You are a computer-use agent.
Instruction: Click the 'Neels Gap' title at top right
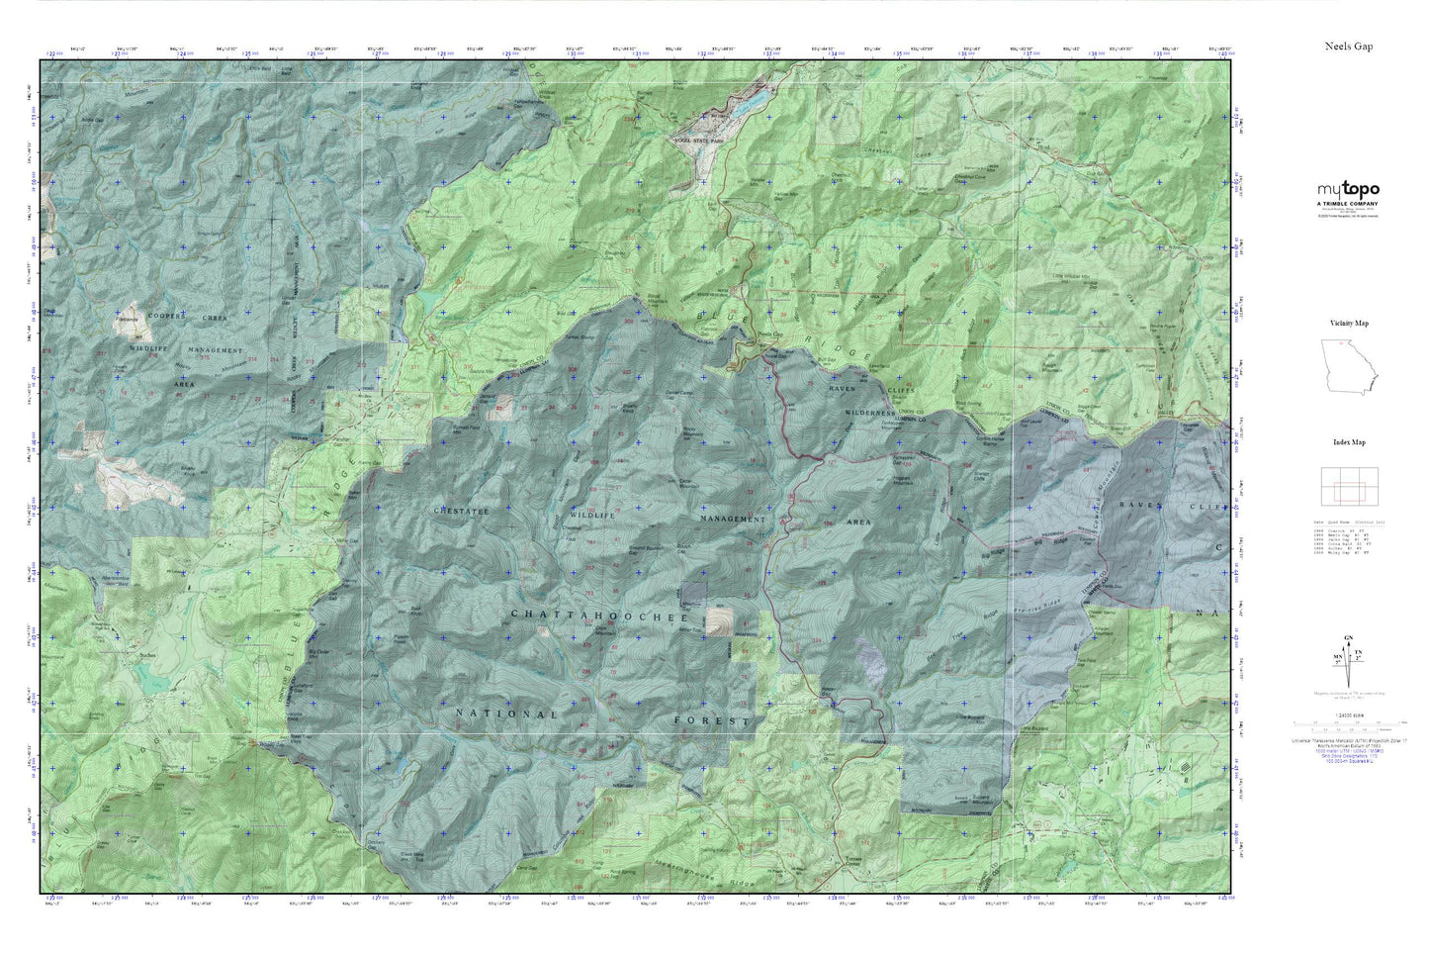(1349, 47)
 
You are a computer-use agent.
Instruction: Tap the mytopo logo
(1348, 190)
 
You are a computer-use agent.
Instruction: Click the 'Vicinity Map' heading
(1349, 323)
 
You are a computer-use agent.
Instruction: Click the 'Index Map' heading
(1349, 442)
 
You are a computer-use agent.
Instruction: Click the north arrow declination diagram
(1348, 658)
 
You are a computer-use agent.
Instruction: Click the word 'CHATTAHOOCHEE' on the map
(599, 616)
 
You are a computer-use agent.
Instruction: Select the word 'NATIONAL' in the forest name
(506, 713)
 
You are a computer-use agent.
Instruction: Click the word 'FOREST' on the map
(712, 721)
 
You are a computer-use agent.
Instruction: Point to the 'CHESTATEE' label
(462, 511)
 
